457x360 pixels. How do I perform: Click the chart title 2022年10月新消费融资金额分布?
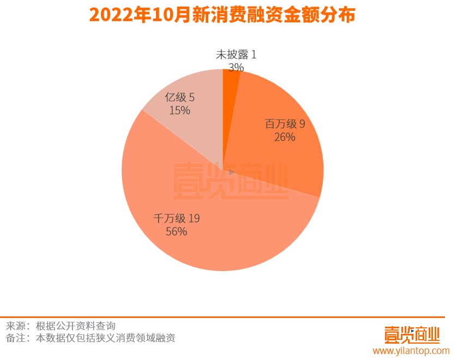point(222,15)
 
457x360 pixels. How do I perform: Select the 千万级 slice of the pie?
point(218,240)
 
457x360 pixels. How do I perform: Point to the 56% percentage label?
point(176,231)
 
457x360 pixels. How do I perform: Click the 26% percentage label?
point(284,137)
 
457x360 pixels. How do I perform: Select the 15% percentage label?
point(179,111)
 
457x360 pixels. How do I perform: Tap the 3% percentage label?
point(236,67)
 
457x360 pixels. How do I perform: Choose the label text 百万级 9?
point(285,124)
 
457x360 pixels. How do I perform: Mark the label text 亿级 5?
point(179,98)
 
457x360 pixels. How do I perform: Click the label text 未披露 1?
point(236,55)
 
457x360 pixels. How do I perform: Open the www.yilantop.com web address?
point(411,351)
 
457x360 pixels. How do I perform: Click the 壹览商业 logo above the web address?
point(412,333)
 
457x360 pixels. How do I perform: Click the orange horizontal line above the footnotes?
point(222,317)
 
